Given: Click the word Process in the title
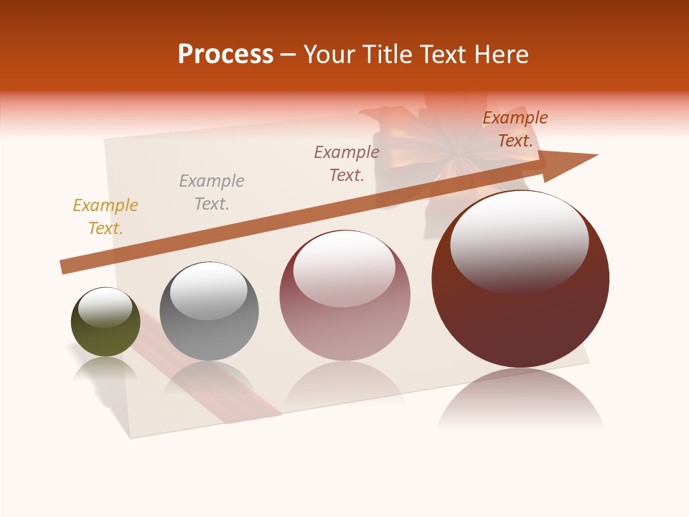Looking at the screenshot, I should pyautogui.click(x=225, y=55).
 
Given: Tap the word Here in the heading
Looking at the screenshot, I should pyautogui.click(x=500, y=55).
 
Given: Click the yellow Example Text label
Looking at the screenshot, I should pyautogui.click(x=106, y=217).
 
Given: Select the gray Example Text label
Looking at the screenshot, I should pyautogui.click(x=212, y=192).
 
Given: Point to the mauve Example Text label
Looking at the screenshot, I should pyautogui.click(x=347, y=163).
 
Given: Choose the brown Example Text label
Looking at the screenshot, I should pyautogui.click(x=515, y=129).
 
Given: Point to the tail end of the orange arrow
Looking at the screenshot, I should pyautogui.click(x=66, y=267).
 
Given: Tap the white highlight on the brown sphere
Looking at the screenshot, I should pyautogui.click(x=519, y=241).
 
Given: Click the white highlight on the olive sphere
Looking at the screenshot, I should pyautogui.click(x=105, y=307).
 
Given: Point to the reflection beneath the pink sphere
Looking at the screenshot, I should pyautogui.click(x=344, y=384).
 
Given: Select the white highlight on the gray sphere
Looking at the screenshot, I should pyautogui.click(x=208, y=291).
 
